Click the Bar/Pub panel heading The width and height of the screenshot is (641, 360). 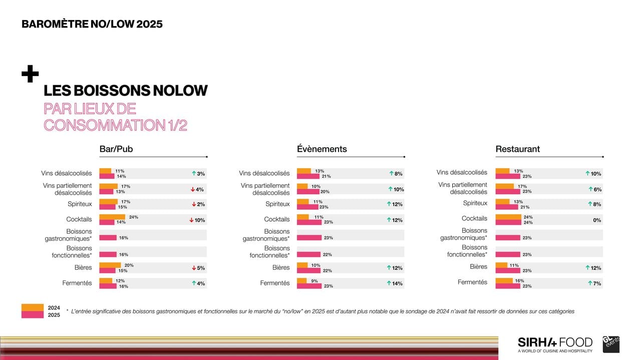pyautogui.click(x=116, y=149)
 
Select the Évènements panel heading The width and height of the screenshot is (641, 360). pyautogui.click(x=322, y=149)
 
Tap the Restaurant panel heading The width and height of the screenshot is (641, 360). pyautogui.click(x=517, y=149)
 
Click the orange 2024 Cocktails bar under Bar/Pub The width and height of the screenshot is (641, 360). pyautogui.click(x=112, y=217)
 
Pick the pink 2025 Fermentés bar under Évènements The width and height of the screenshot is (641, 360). pyautogui.click(x=308, y=286)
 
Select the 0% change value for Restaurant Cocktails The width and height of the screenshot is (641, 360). pyautogui.click(x=597, y=220)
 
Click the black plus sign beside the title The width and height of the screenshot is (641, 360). pyautogui.click(x=30, y=74)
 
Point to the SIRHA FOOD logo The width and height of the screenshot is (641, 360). pyautogui.click(x=555, y=343)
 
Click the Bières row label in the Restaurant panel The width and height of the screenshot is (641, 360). pyautogui.click(x=479, y=267)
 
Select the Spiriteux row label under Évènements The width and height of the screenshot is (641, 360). pyautogui.click(x=277, y=204)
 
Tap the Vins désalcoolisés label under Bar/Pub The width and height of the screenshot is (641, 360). pyautogui.click(x=67, y=173)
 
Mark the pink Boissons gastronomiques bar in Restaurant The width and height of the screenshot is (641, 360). pyautogui.click(x=507, y=238)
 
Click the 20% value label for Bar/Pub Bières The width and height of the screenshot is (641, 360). pyautogui.click(x=129, y=265)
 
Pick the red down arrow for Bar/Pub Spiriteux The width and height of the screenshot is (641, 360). pyautogui.click(x=193, y=204)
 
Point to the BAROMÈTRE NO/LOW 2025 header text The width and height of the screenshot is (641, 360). pyautogui.click(x=92, y=24)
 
